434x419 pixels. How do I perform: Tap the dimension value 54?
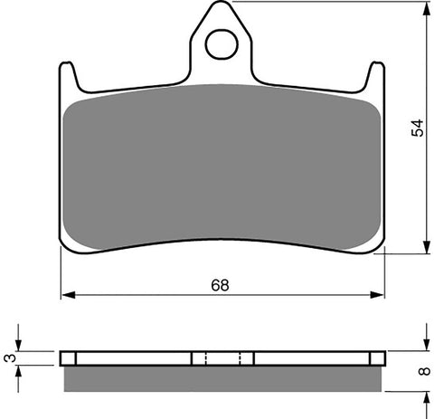coord(417,127)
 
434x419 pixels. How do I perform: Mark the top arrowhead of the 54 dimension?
coord(425,9)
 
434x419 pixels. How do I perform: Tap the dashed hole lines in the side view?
coord(208,357)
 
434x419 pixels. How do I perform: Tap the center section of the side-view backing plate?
coord(222,357)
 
